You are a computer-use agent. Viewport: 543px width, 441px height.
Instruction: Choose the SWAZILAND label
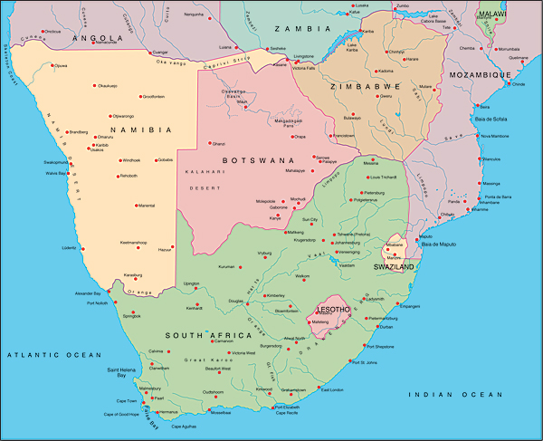395,268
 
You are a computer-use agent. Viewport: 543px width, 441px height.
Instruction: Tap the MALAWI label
493,15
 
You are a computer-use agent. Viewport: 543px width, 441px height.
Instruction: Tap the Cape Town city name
125,401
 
